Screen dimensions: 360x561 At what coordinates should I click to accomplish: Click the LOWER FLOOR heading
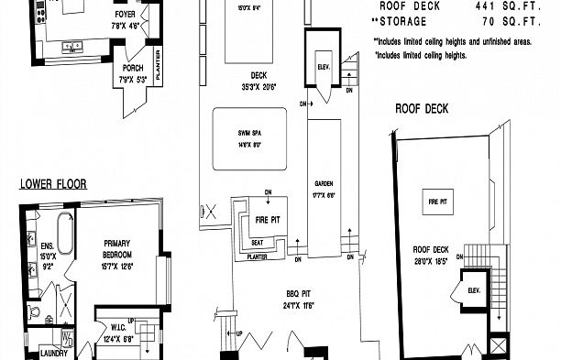coord(53,183)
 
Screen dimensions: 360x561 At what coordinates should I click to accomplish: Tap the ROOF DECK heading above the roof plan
coord(421,108)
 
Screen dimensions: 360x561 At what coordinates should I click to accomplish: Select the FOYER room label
coord(126,16)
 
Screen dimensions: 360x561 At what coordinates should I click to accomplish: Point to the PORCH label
coord(132,68)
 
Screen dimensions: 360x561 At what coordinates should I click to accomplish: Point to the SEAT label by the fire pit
coord(258,242)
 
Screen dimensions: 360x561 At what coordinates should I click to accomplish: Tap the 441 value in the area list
coord(486,5)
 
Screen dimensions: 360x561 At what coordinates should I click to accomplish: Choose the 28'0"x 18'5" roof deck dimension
coord(435,260)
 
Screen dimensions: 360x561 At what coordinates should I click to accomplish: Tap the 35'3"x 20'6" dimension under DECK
coord(258,86)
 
